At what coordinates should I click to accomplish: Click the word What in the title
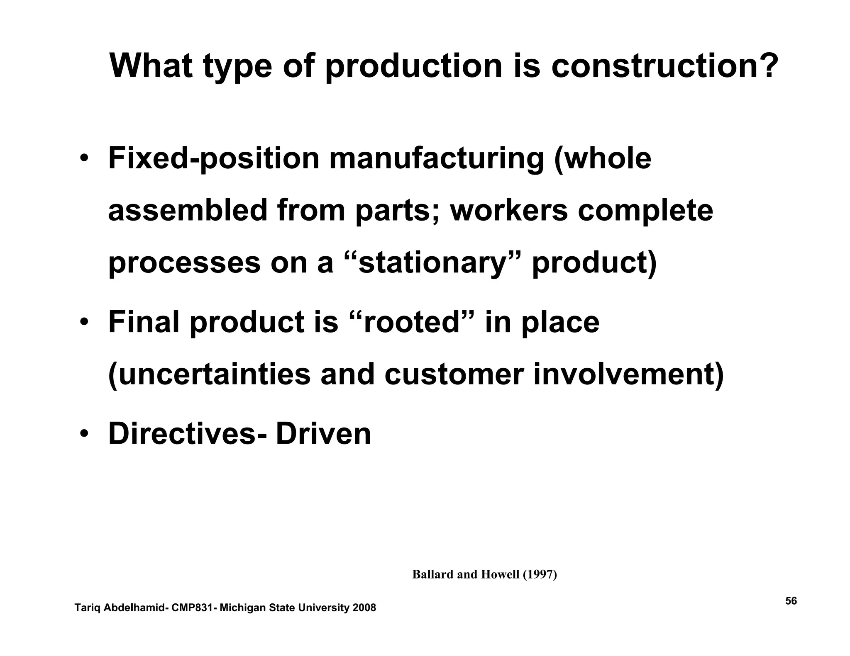[x=151, y=66]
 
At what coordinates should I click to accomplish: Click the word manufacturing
[x=436, y=159]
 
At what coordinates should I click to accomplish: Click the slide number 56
[x=791, y=601]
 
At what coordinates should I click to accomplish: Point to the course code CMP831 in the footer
[x=193, y=608]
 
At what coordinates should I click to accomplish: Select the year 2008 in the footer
[x=364, y=608]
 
